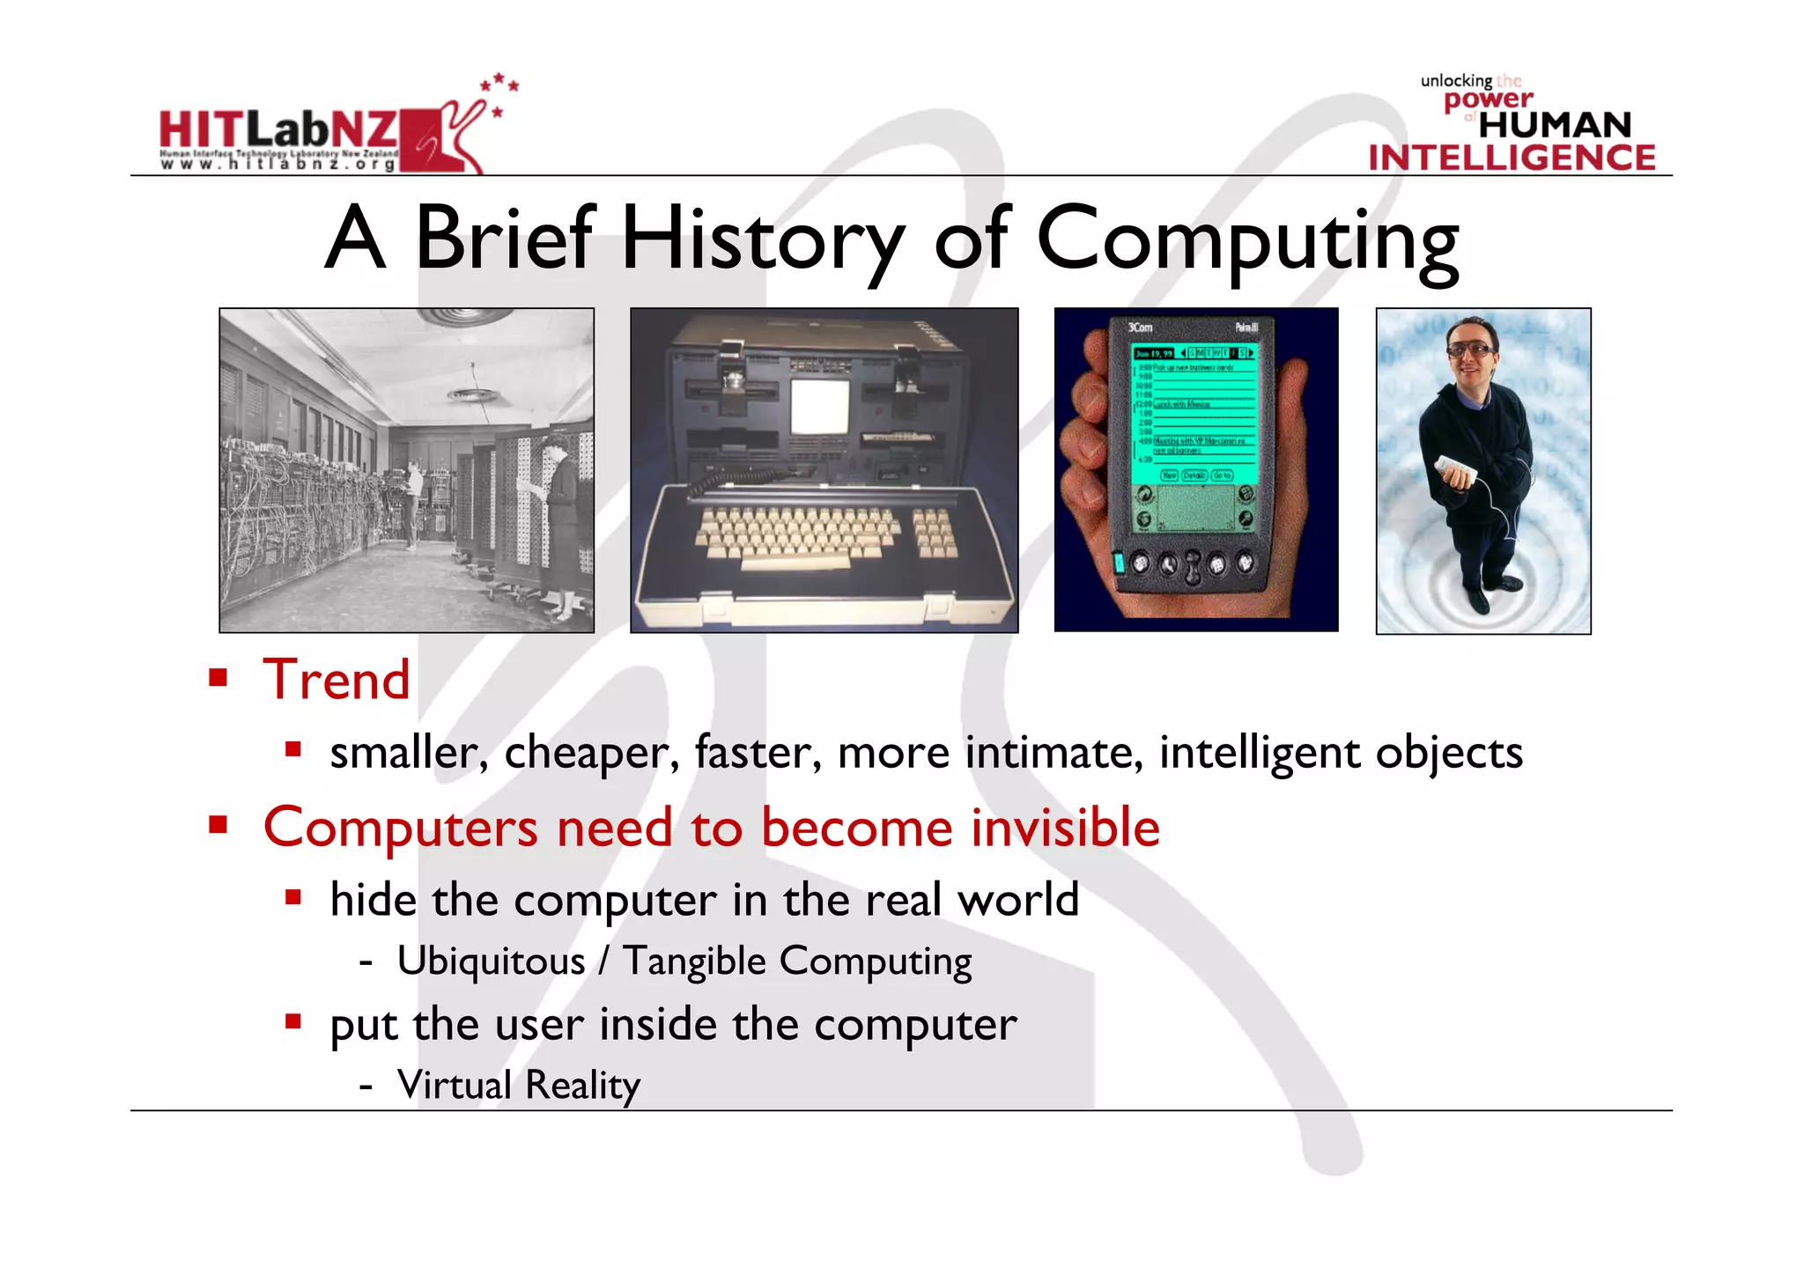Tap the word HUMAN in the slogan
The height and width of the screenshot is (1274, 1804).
[1555, 125]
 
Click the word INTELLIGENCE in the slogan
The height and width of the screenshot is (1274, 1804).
[1512, 158]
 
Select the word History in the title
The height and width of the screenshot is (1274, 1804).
[763, 239]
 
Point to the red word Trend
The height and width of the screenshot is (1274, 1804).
[336, 680]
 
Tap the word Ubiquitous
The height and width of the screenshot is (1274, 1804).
[491, 961]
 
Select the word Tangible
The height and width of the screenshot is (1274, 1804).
[694, 961]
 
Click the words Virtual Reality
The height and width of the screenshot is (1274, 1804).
[518, 1085]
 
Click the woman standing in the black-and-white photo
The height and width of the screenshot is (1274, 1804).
[558, 519]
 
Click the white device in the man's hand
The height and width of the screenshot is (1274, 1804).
[1454, 470]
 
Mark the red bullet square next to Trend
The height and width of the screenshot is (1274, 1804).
[218, 678]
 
